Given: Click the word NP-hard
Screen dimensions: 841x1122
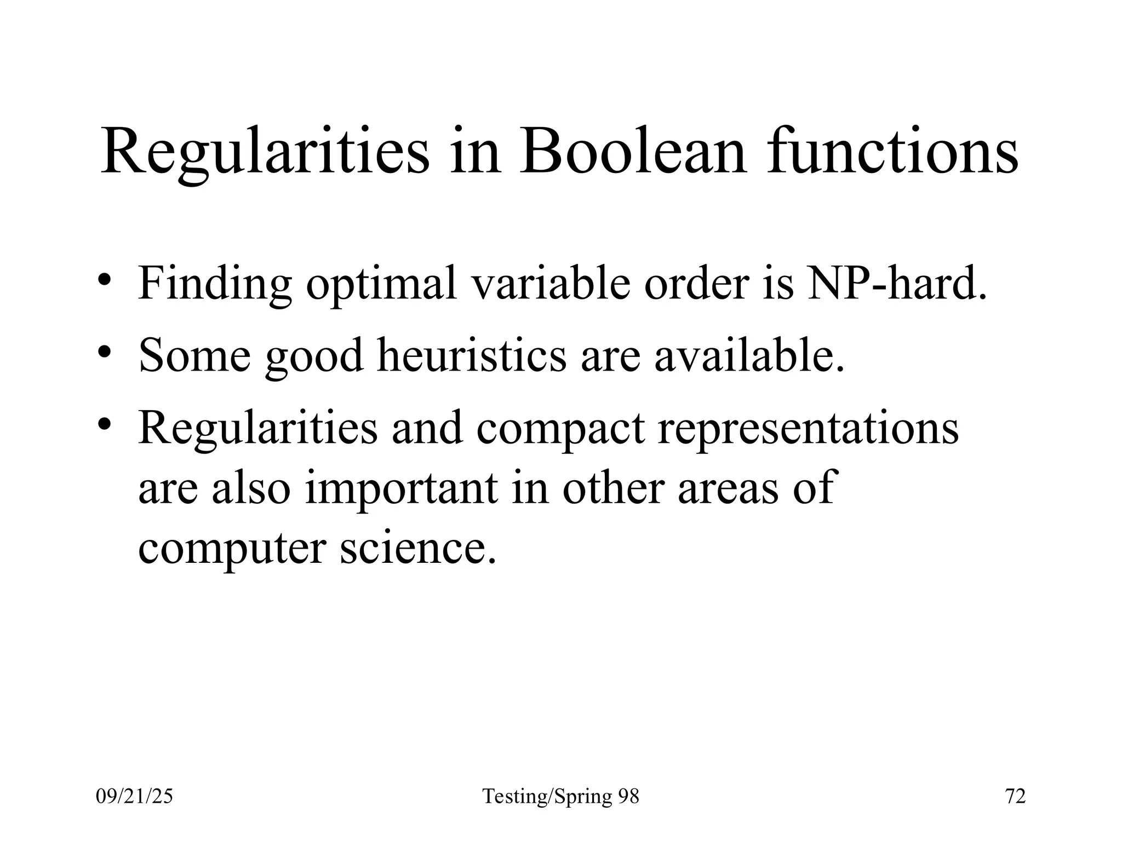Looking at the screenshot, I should pyautogui.click(x=897, y=284).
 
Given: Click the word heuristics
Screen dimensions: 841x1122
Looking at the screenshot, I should pyautogui.click(x=472, y=355).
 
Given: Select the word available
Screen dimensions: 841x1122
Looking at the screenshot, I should pyautogui.click(x=749, y=355).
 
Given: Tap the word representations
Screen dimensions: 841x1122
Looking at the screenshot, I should pyautogui.click(x=808, y=428).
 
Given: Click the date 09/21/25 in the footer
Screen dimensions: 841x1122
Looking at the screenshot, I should pyautogui.click(x=134, y=796).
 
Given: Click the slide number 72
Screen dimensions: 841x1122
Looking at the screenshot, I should pyautogui.click(x=1015, y=796).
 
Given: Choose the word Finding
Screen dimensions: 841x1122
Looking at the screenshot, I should pyautogui.click(x=215, y=284).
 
